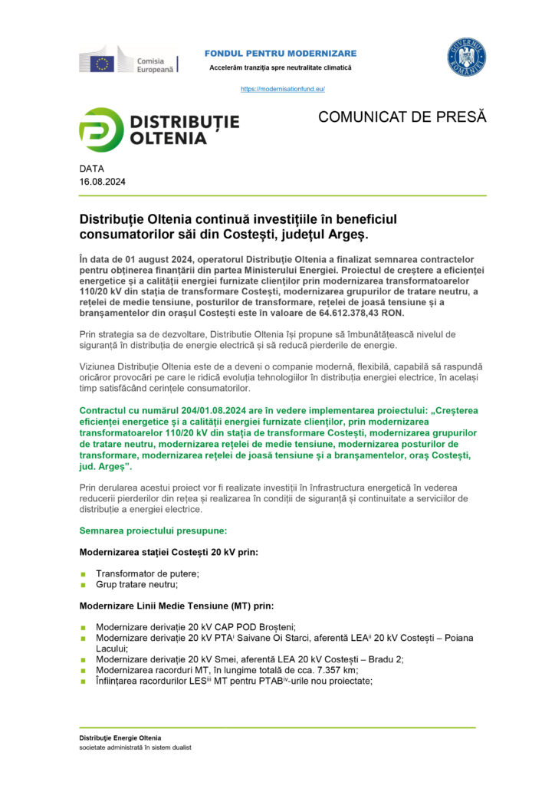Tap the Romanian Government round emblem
click(467, 58)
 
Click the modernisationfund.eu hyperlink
click(283, 89)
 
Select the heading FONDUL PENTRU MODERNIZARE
click(280, 53)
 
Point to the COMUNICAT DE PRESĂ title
click(402, 117)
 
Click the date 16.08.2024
click(102, 182)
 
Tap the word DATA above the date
click(91, 169)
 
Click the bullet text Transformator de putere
click(147, 573)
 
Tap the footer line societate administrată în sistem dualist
click(135, 747)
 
